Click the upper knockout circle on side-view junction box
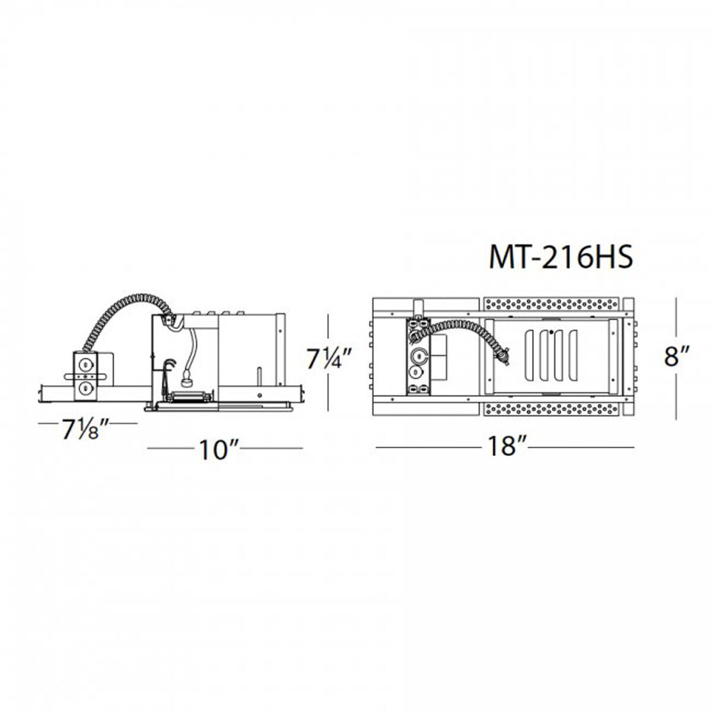[87, 363]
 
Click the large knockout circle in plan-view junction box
[418, 356]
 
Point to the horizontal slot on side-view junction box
[87, 376]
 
